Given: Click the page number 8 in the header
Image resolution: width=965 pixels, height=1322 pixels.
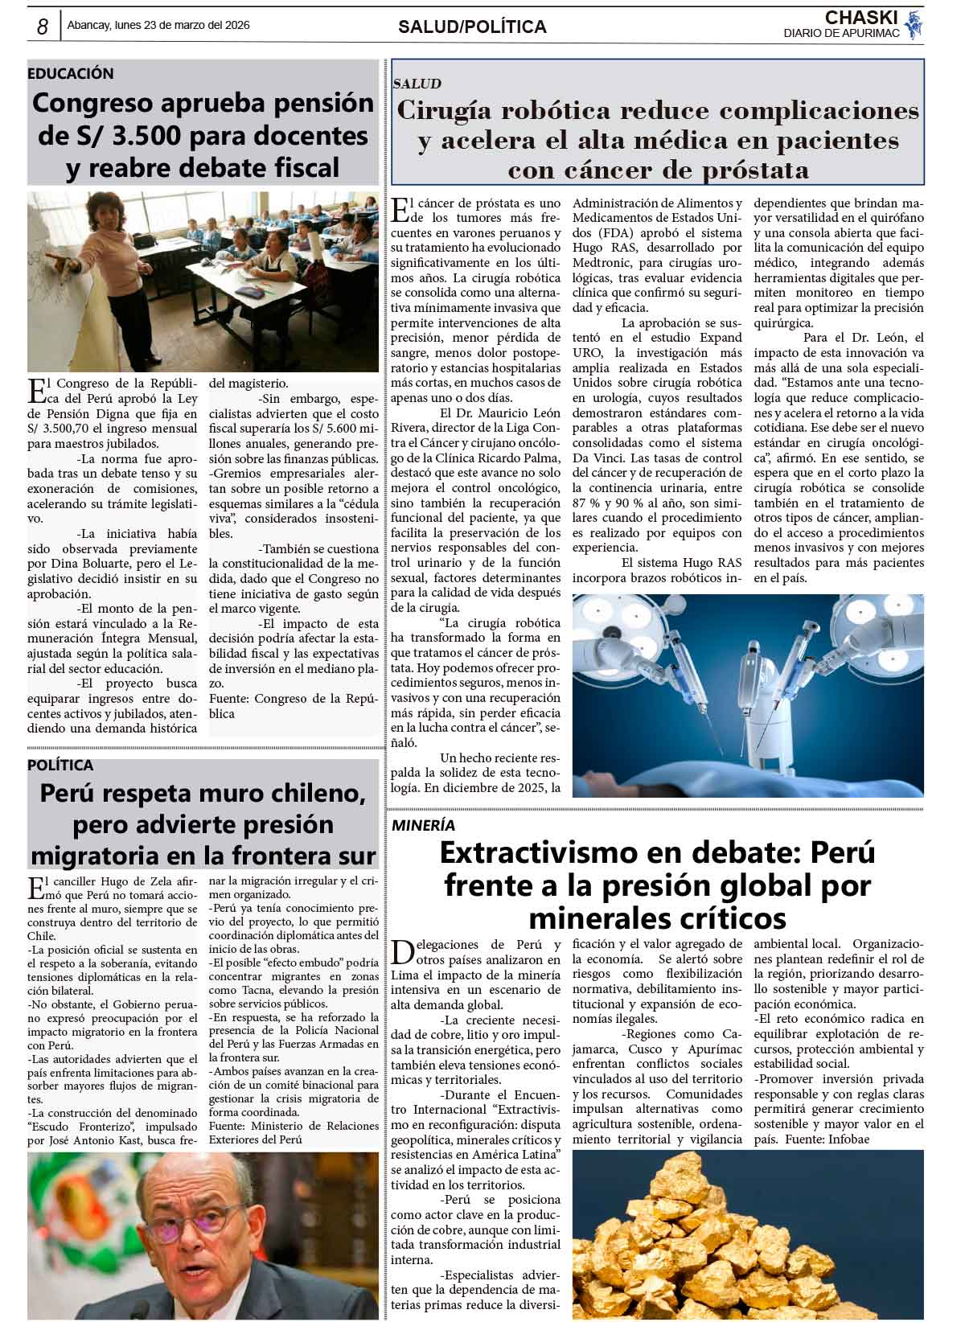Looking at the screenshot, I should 42,27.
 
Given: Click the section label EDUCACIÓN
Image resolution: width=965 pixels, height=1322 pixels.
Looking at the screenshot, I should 71,73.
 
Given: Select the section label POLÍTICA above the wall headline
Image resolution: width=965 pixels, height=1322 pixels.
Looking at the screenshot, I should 60,765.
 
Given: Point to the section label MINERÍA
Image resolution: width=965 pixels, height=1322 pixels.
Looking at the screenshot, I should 423,825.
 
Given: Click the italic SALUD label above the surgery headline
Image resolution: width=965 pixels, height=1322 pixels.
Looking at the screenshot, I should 417,83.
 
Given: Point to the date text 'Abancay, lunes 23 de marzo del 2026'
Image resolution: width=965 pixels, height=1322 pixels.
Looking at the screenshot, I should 158,25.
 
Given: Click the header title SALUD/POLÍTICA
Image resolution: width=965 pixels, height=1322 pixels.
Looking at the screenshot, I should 472,27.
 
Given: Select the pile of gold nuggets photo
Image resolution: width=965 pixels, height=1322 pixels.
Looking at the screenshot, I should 748,1234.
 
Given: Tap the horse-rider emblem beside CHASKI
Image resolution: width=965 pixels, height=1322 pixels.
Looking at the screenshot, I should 913,25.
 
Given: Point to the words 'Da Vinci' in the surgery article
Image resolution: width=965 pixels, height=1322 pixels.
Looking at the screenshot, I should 594,458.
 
